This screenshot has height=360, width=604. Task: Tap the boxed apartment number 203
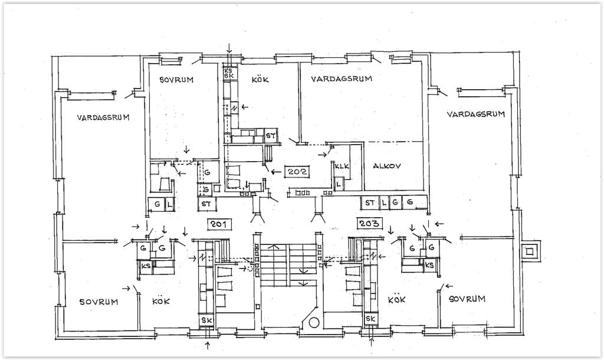click(x=369, y=223)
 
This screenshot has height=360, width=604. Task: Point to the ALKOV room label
click(x=387, y=166)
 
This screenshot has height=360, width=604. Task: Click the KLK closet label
click(x=342, y=166)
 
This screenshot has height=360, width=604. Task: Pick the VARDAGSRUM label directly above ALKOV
click(x=342, y=78)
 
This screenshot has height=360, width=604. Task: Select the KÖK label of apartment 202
click(x=260, y=80)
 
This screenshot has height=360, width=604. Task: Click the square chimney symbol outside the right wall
click(x=530, y=253)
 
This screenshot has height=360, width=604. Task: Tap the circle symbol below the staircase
click(x=314, y=323)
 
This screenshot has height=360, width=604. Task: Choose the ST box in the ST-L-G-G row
click(x=370, y=202)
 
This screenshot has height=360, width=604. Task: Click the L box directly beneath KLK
click(x=339, y=184)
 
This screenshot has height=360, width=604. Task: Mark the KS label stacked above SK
click(x=228, y=71)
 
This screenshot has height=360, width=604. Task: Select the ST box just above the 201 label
click(x=206, y=204)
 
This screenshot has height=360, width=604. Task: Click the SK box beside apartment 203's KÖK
click(x=370, y=319)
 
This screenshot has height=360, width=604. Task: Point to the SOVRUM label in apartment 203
click(x=467, y=299)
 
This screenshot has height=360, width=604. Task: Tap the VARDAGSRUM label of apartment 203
click(x=476, y=114)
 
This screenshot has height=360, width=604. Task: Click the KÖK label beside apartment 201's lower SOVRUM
click(x=160, y=302)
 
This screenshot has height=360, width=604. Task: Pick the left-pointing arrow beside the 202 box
click(x=276, y=172)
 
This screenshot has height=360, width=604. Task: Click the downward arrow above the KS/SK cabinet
click(x=229, y=48)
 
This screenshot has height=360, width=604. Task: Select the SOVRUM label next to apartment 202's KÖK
click(x=176, y=80)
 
